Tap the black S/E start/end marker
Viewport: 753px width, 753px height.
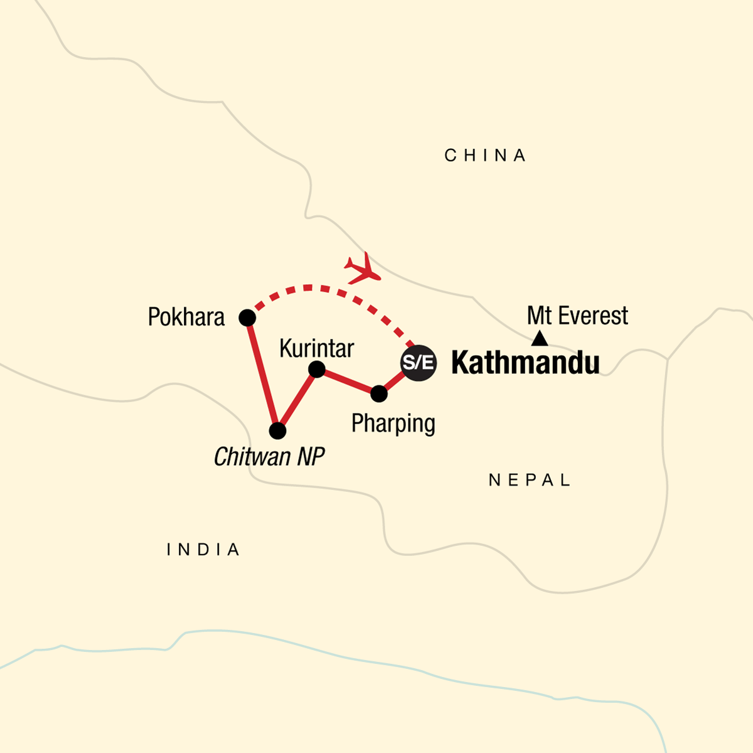pyautogui.click(x=419, y=363)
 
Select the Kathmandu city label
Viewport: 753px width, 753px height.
pyautogui.click(x=525, y=363)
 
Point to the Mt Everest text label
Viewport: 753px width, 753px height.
pyautogui.click(x=577, y=316)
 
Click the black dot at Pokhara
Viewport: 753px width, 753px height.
pyautogui.click(x=247, y=318)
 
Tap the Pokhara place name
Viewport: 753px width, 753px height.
pyautogui.click(x=186, y=318)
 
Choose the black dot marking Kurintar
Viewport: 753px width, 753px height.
pyautogui.click(x=317, y=370)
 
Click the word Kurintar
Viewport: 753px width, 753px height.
pyautogui.click(x=316, y=348)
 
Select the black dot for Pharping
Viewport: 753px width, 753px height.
pyautogui.click(x=379, y=393)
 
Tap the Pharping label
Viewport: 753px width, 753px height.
pyautogui.click(x=393, y=424)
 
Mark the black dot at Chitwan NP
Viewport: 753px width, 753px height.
pyautogui.click(x=277, y=431)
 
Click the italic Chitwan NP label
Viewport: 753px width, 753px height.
pyautogui.click(x=269, y=457)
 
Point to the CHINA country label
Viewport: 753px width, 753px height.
pyautogui.click(x=485, y=156)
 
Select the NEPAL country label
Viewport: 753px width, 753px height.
pyautogui.click(x=530, y=481)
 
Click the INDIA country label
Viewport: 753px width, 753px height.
pyautogui.click(x=203, y=550)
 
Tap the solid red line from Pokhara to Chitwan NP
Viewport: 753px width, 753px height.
pyautogui.click(x=262, y=375)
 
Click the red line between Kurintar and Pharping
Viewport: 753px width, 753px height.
pyautogui.click(x=348, y=382)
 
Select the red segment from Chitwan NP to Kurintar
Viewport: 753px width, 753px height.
pyautogui.click(x=297, y=400)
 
